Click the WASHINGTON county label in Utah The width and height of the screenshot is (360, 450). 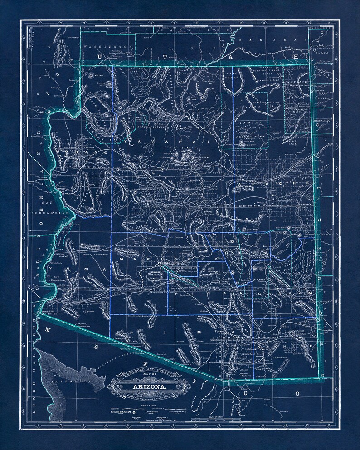[107, 47]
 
